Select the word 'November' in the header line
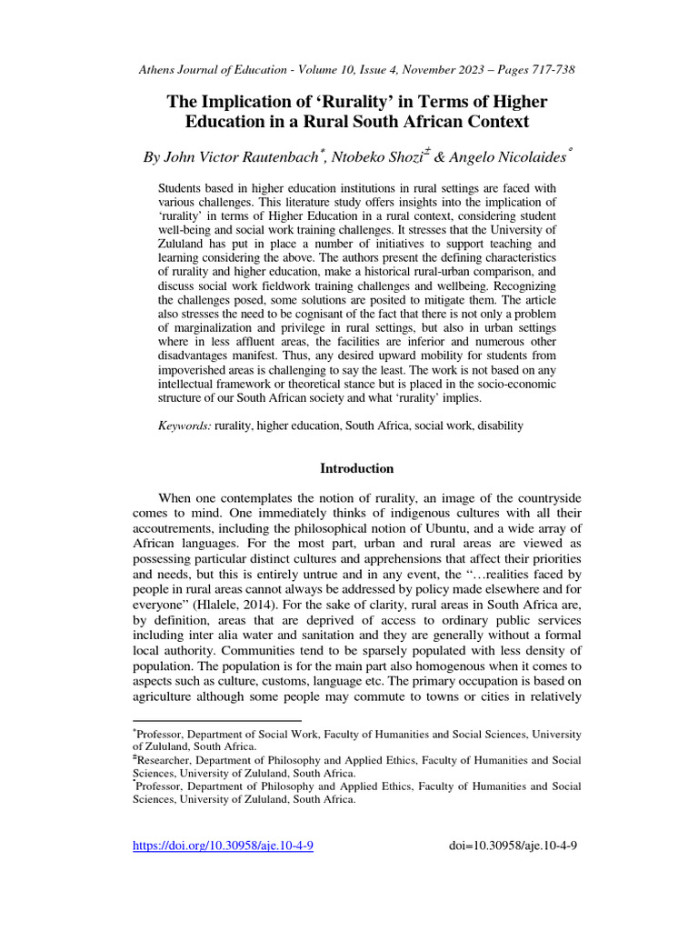click(420, 70)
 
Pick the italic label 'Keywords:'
click(184, 425)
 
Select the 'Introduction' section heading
click(357, 468)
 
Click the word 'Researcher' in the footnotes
click(165, 759)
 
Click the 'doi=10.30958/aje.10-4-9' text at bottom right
click(514, 846)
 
